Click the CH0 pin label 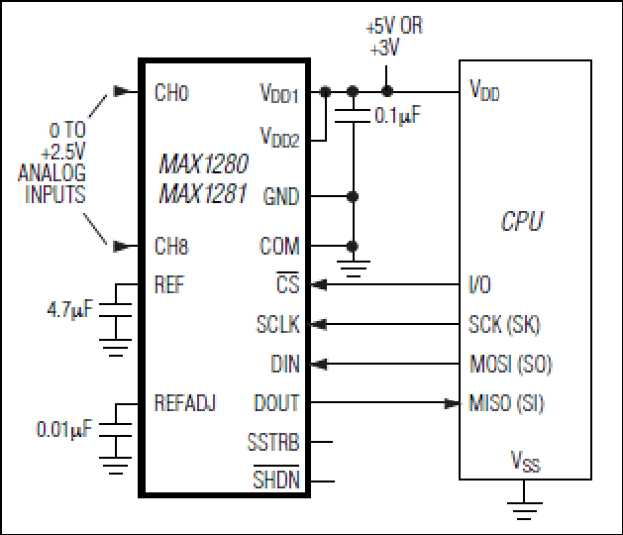coord(171,92)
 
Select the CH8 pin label coord(171,246)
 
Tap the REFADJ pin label coord(185,402)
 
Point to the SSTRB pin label coord(273,442)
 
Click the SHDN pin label coord(276,479)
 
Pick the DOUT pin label coord(276,402)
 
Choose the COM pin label coord(279,246)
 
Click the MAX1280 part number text coord(204,163)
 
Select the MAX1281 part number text coord(203,193)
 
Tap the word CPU coord(522,221)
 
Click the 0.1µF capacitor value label coord(398,116)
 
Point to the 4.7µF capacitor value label coord(70,310)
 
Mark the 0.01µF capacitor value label coord(64,429)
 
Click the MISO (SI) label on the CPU coord(506,403)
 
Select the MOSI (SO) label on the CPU coord(511,364)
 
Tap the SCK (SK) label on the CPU coord(504,324)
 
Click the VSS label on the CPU coord(525,461)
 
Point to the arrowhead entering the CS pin coord(319,284)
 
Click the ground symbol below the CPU coord(524,511)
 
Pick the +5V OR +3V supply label coord(394,37)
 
